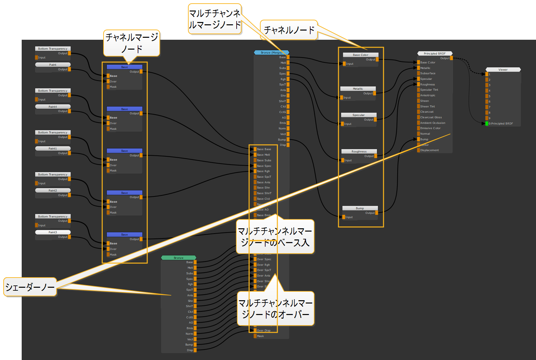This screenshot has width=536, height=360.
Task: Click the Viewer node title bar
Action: tap(503, 70)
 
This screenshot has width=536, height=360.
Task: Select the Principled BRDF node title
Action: tap(434, 54)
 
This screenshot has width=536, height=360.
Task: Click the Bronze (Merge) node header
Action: tap(271, 53)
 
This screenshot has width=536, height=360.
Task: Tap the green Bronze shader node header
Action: tap(178, 258)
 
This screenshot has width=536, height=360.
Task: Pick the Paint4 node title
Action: tap(53, 107)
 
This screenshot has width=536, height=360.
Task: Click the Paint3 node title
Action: tap(53, 232)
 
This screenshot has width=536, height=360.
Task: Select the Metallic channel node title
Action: tap(358, 89)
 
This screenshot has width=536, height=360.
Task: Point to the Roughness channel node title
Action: tap(359, 151)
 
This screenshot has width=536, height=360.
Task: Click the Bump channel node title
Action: tap(360, 208)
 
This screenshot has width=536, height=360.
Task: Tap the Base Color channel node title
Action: tap(361, 55)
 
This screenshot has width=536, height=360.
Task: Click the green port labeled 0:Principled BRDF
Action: tap(487, 124)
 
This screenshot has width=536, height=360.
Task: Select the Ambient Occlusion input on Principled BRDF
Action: tap(432, 123)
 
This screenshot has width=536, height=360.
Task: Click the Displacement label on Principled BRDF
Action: tap(429, 150)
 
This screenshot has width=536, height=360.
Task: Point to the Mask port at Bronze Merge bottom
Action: tap(255, 336)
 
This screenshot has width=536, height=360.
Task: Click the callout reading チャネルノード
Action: tap(289, 30)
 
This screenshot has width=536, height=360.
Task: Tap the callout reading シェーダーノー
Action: tap(30, 287)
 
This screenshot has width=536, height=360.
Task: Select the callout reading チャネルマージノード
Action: tap(131, 43)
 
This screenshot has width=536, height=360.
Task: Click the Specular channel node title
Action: tap(359, 115)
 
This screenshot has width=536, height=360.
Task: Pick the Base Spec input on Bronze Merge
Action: tap(264, 166)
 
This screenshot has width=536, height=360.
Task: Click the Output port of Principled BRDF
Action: tap(451, 58)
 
